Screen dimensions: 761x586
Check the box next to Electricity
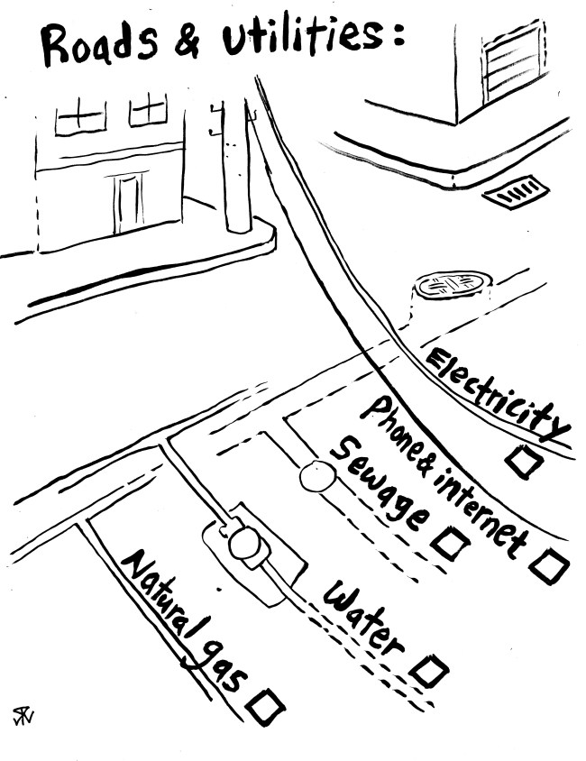click(x=524, y=462)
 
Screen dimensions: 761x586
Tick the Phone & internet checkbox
click(x=548, y=566)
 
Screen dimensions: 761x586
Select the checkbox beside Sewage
click(x=449, y=543)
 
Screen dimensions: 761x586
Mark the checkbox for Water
click(x=429, y=671)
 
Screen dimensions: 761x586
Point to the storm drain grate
click(x=515, y=192)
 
